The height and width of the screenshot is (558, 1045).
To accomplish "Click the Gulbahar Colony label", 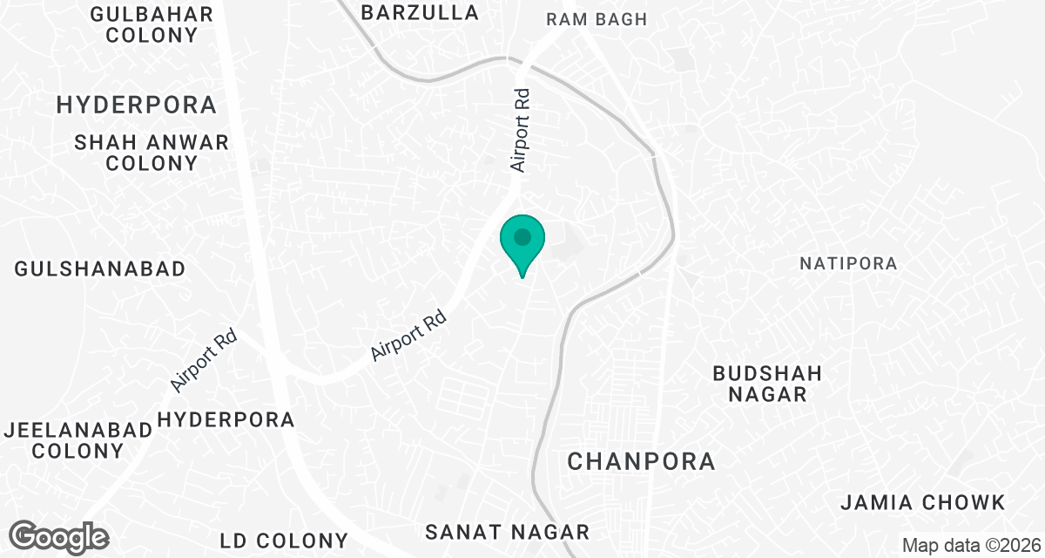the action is [x=152, y=25].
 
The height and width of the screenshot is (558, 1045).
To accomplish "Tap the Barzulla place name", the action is [x=420, y=12].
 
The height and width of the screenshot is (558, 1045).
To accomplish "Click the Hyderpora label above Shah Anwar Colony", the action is [x=137, y=105].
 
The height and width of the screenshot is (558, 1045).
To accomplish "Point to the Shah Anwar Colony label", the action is [x=152, y=153].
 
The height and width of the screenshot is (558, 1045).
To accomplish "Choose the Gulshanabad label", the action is [x=100, y=269].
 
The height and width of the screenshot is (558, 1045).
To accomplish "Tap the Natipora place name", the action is [x=848, y=263].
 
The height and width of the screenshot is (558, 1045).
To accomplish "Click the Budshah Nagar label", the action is [x=767, y=384].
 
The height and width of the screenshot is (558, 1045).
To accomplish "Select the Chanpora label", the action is [x=641, y=461].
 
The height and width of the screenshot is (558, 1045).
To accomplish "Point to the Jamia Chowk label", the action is [x=923, y=503].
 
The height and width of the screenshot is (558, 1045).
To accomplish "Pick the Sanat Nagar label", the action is [x=507, y=532].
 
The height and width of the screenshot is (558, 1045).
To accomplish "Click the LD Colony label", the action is [x=284, y=540].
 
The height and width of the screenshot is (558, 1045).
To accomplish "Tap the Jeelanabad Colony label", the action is [x=64, y=440].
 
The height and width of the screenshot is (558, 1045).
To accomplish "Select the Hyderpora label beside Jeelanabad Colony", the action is [x=226, y=419].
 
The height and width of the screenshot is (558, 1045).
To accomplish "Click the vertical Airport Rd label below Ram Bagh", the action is [x=521, y=128].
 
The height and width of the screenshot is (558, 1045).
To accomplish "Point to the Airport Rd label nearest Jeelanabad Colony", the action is [x=204, y=358].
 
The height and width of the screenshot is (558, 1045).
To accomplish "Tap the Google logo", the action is [x=59, y=537].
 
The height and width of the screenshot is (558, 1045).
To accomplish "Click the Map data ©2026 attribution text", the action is [x=969, y=546].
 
